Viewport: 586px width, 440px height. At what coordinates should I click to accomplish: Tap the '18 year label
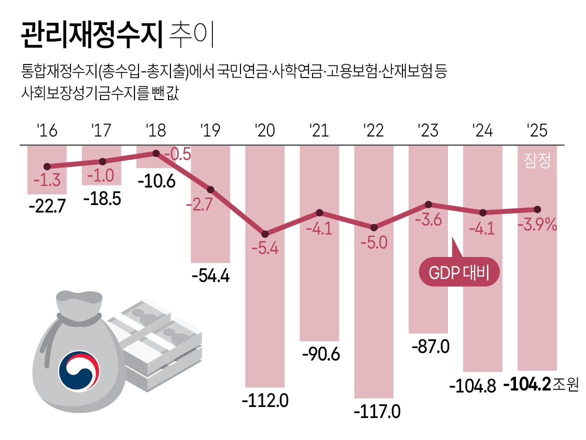coord(156,131)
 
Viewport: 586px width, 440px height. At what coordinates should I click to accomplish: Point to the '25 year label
coord(537,131)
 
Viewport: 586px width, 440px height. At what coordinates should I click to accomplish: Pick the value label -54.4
coord(210,275)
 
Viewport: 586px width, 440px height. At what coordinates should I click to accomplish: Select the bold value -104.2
coord(527,384)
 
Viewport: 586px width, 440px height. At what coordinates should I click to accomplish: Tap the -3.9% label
coord(536,225)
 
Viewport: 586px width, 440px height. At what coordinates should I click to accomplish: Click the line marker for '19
coord(210,189)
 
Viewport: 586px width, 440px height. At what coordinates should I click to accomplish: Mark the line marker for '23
coord(428,204)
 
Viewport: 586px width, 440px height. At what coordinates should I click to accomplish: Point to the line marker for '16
coord(47,166)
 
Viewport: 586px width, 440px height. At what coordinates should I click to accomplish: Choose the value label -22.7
coord(47,205)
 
